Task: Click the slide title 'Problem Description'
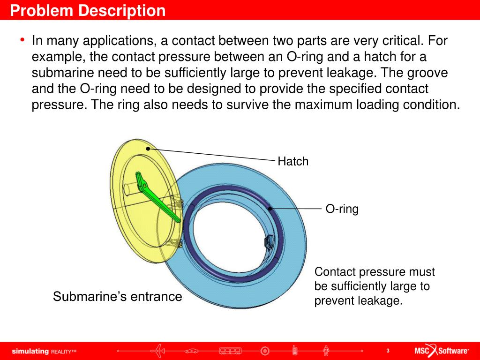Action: click(88, 10)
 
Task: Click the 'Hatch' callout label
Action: click(293, 162)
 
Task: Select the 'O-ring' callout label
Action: click(342, 209)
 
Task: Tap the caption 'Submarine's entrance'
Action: click(117, 297)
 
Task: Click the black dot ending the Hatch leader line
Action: click(148, 149)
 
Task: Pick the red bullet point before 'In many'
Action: click(22, 40)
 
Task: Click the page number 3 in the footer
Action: click(388, 351)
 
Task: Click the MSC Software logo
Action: click(441, 351)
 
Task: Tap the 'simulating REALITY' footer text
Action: click(44, 351)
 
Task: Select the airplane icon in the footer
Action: click(160, 350)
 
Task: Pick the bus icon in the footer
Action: click(230, 350)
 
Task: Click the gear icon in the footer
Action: click(265, 350)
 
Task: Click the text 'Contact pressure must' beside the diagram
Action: click(375, 272)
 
